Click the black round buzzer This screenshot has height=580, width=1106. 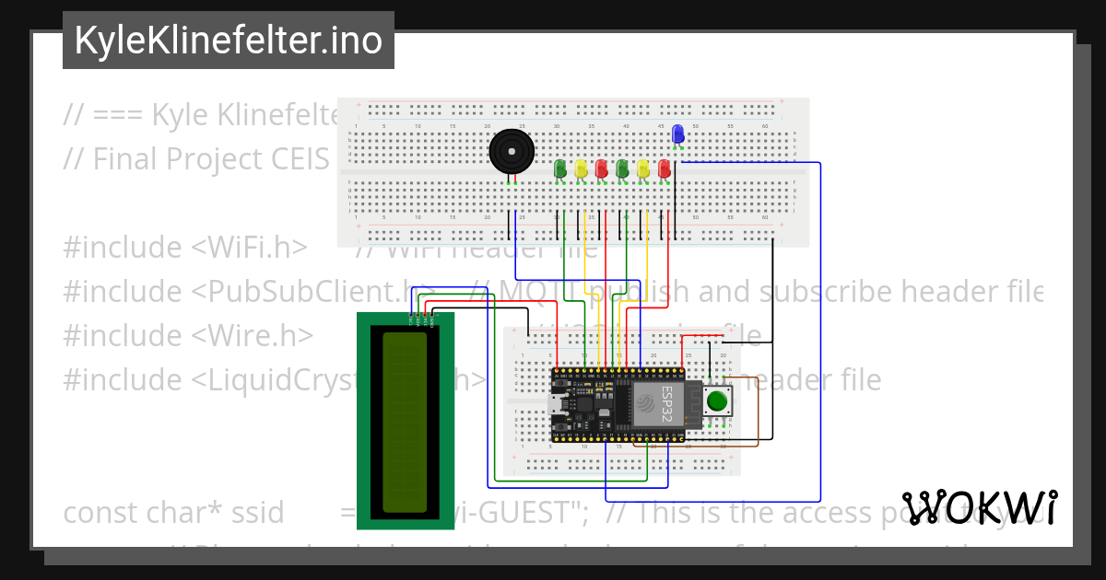[x=511, y=152]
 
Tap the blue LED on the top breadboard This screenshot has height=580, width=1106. [x=678, y=134]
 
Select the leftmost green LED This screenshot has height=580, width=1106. [x=560, y=168]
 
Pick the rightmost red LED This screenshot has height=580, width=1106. [x=665, y=168]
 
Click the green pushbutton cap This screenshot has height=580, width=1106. [x=717, y=401]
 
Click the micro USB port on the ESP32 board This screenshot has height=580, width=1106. [x=556, y=402]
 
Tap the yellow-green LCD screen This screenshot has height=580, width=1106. [x=405, y=422]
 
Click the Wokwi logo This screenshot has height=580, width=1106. [x=980, y=507]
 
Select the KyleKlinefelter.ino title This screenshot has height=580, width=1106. [x=228, y=41]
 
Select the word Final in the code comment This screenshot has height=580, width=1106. [x=128, y=159]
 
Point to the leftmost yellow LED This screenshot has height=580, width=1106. [x=581, y=168]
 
